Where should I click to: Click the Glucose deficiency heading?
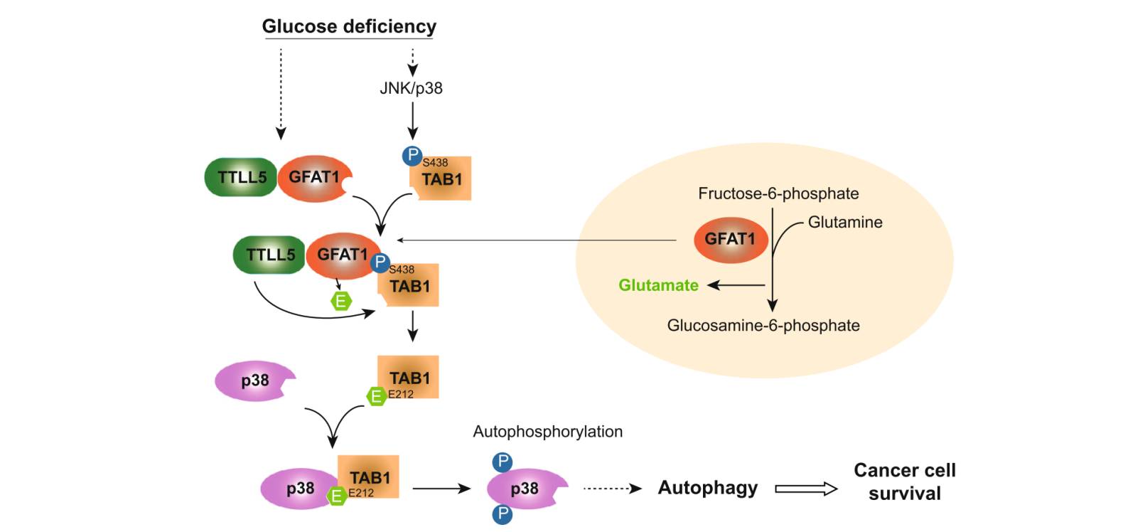point(349,27)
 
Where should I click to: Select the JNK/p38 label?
point(411,88)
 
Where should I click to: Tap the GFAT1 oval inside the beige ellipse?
point(730,240)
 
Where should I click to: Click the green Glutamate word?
point(658,286)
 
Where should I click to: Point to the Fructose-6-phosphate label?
point(778,193)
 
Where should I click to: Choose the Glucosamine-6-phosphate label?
point(763,326)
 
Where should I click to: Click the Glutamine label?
point(845,223)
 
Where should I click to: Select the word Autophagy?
point(707,488)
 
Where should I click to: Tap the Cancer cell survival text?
point(904,482)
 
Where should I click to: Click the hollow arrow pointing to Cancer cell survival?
point(805,489)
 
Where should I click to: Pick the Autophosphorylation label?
point(547,432)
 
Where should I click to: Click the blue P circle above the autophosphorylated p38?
point(503,463)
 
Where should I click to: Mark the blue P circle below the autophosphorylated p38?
point(503,514)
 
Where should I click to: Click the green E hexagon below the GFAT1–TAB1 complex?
point(342,302)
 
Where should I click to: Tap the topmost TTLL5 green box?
point(241,177)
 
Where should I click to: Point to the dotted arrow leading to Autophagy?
point(612,489)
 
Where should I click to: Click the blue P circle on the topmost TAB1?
point(412,155)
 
